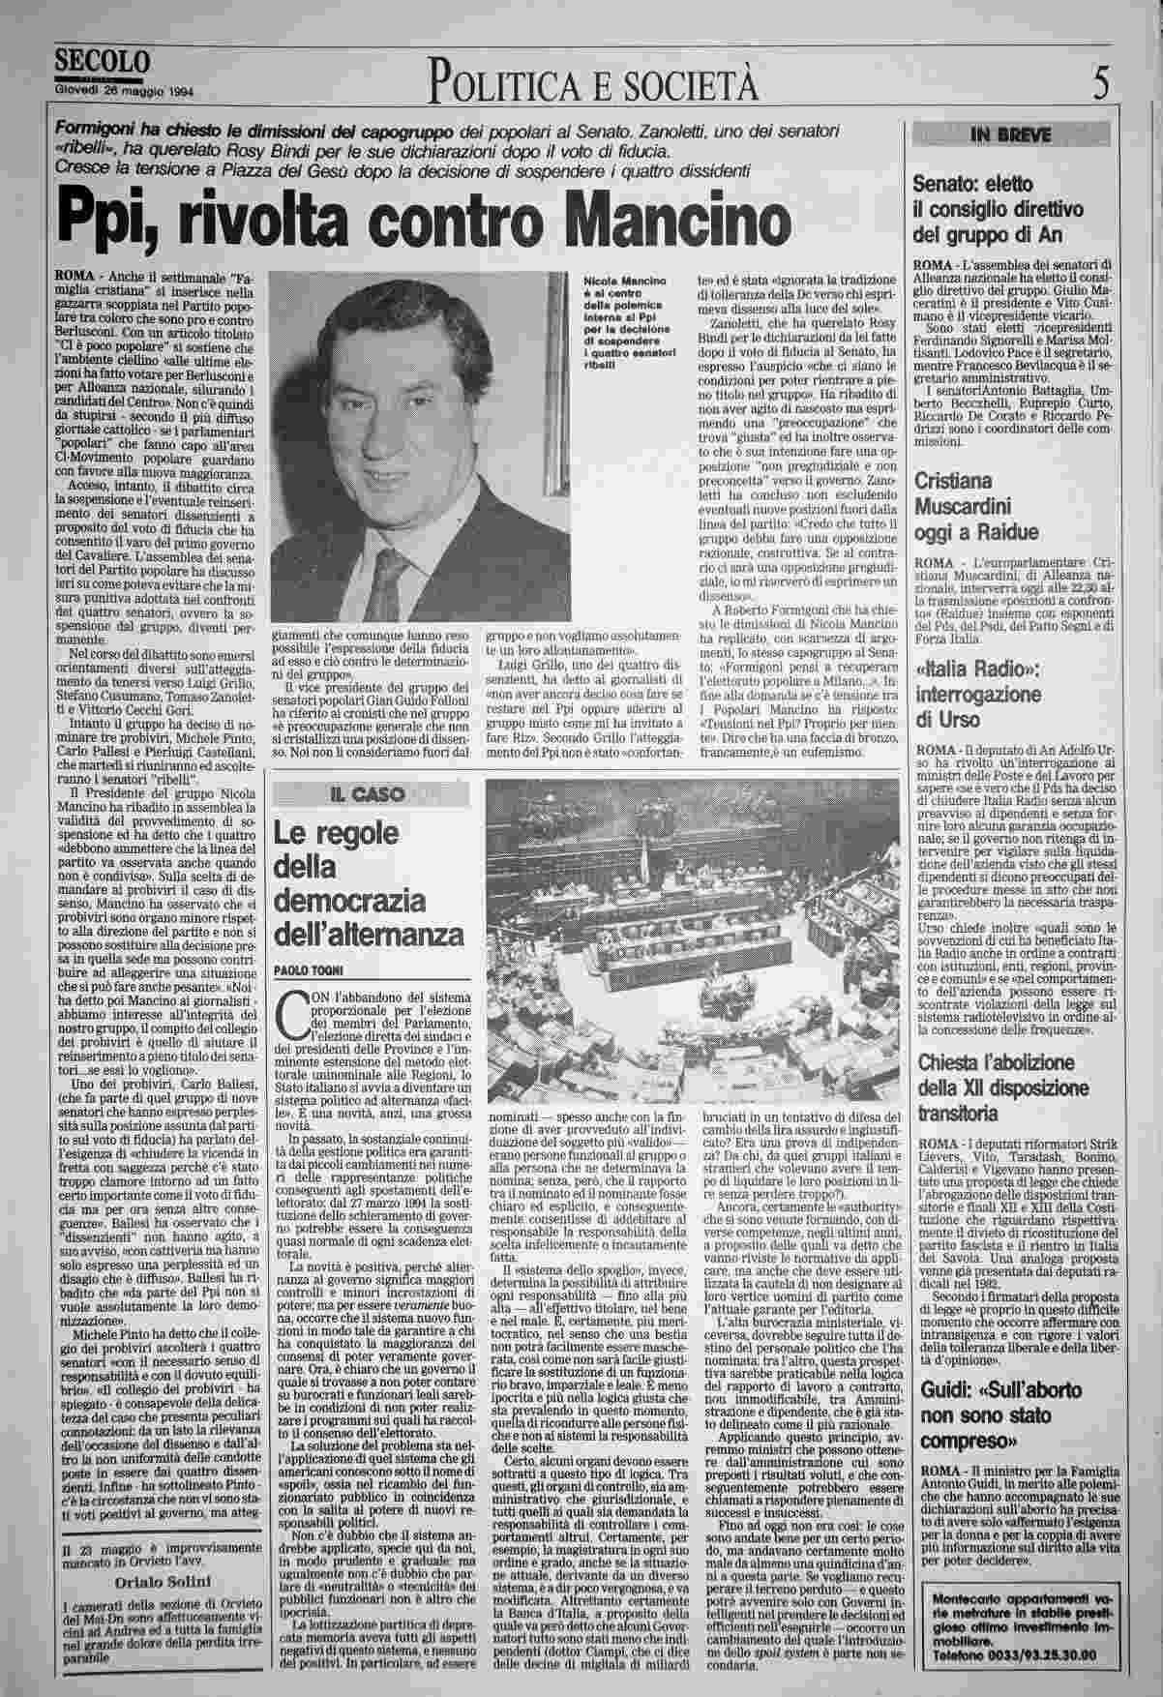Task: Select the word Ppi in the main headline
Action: (x=102, y=221)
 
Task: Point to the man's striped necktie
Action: (x=387, y=581)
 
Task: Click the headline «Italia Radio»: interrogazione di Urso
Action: (x=978, y=695)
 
